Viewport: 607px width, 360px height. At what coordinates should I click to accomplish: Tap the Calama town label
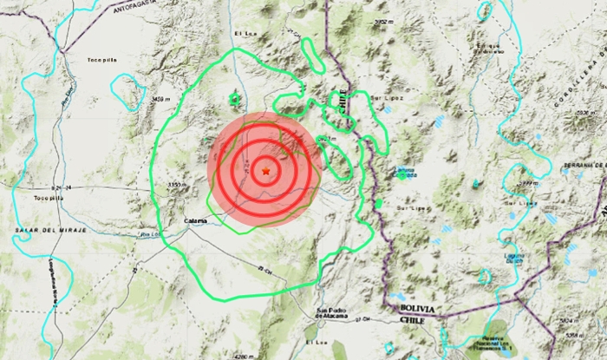(x=196, y=221)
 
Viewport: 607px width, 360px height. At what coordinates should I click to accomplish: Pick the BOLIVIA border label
(x=414, y=309)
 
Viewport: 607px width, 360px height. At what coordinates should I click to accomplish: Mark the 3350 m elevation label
(x=177, y=184)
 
